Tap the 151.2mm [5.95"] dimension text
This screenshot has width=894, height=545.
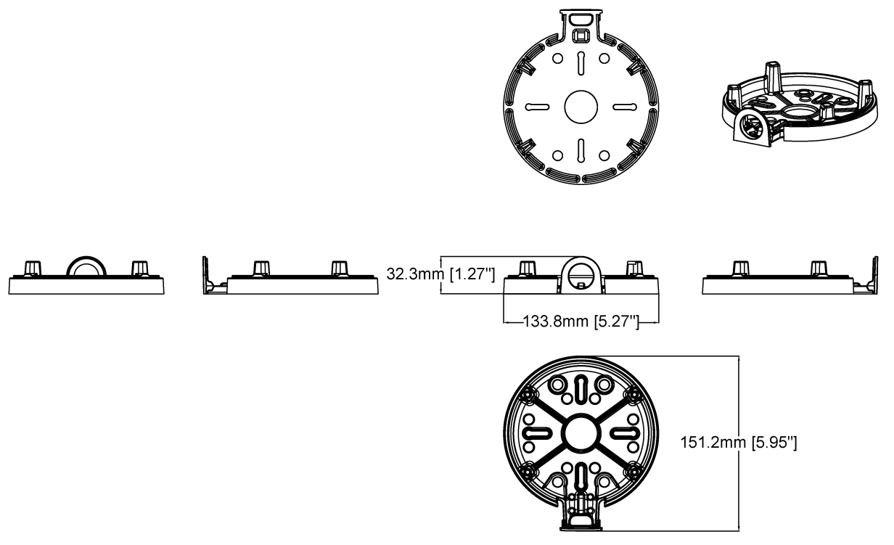coord(739,442)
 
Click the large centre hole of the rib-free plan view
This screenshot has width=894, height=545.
coord(581,107)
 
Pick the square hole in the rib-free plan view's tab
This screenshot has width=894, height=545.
coord(581,34)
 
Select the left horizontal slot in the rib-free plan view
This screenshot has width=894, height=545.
coord(538,107)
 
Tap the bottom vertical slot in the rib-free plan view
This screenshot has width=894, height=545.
coord(581,149)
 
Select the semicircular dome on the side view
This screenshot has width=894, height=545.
coord(86,266)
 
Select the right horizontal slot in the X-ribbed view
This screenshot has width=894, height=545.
coord(622,433)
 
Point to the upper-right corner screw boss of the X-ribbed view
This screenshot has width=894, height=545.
coord(633,393)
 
